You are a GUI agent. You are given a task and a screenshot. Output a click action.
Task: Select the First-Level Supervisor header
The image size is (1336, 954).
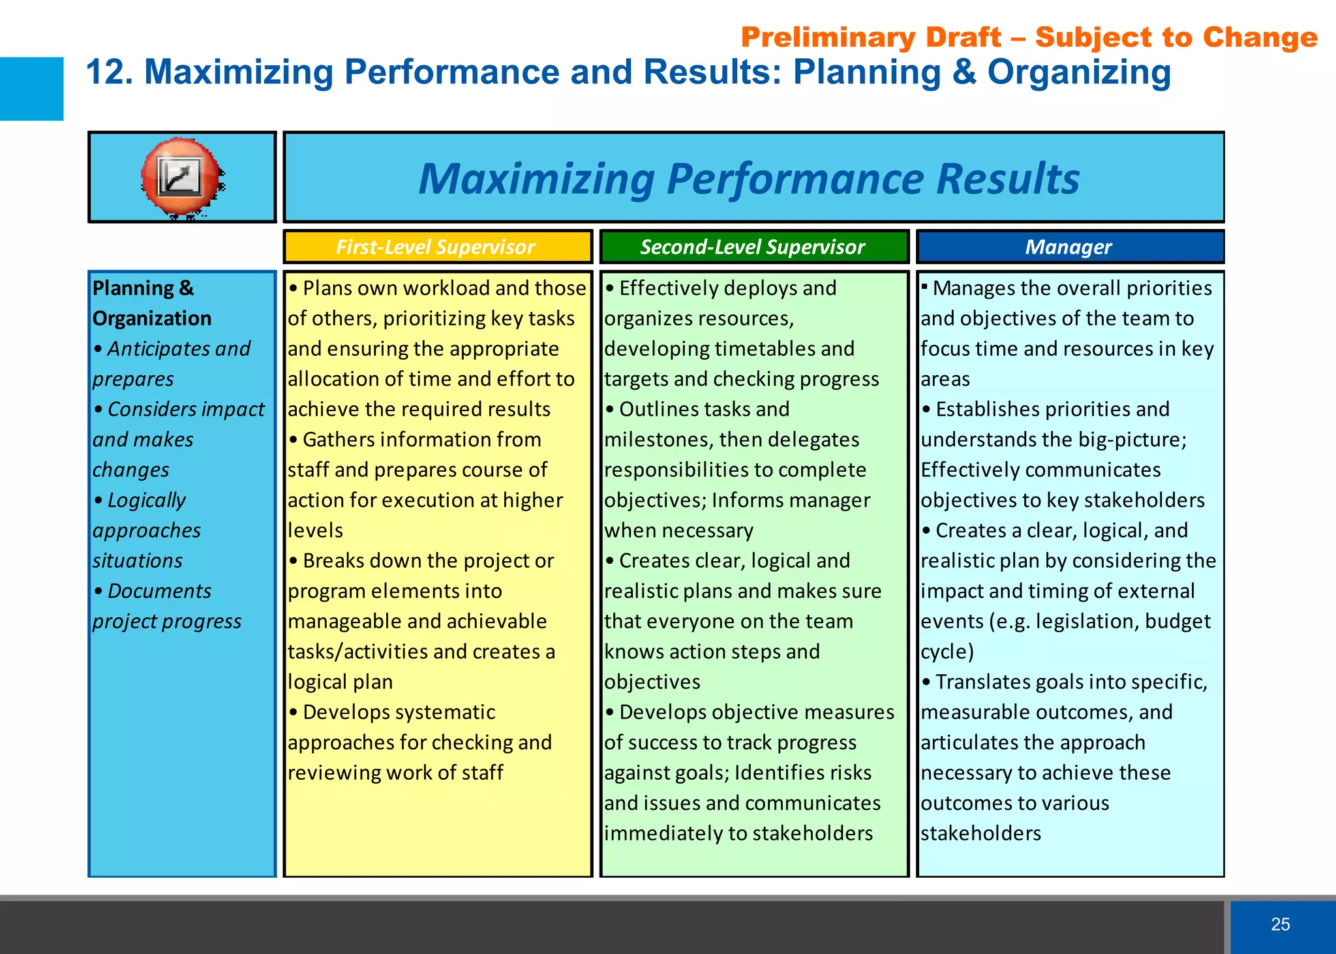435,247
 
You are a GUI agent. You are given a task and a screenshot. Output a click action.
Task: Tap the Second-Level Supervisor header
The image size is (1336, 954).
752,247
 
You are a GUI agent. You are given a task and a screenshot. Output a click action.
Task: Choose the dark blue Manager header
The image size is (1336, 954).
1069,247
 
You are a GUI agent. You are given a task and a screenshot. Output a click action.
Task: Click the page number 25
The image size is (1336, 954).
1280,924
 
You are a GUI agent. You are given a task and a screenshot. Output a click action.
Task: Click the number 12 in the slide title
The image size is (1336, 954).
104,72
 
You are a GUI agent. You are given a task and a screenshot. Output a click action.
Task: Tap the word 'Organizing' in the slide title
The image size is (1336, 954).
1079,72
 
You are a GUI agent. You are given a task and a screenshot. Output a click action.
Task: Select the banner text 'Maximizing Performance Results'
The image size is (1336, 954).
749,178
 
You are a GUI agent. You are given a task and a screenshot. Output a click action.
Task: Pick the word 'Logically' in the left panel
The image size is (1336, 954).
146,500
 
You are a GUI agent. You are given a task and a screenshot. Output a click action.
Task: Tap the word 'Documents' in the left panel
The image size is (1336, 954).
159,591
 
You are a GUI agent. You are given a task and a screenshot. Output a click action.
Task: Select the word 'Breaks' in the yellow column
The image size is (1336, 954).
331,561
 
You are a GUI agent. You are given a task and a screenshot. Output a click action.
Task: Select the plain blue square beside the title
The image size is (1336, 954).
31,89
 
